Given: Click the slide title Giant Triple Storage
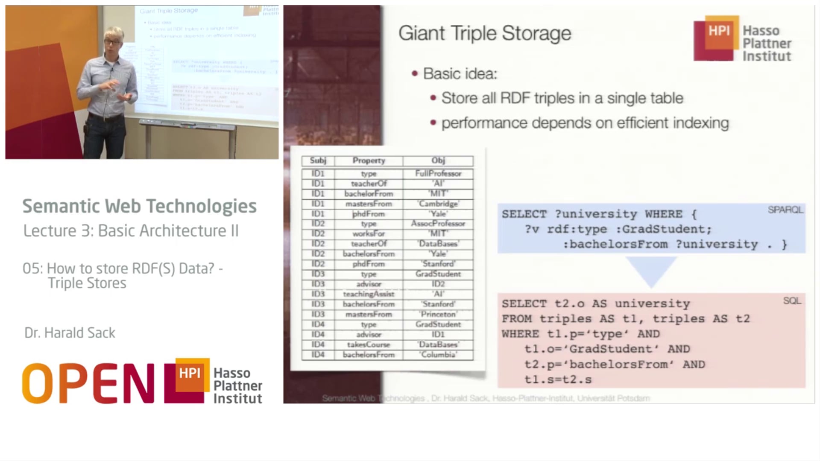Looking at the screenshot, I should pyautogui.click(x=484, y=33).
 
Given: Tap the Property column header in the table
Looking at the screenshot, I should pyautogui.click(x=369, y=161).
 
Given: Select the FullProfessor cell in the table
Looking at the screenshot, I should pyautogui.click(x=438, y=173).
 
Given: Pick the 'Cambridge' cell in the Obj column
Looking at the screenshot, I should pyautogui.click(x=438, y=204).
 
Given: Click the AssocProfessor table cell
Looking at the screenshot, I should pyautogui.click(x=438, y=224).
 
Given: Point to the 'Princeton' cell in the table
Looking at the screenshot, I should pyautogui.click(x=438, y=314).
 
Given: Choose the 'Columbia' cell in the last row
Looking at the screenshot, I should pyautogui.click(x=438, y=355).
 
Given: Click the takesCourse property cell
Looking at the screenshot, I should pyautogui.click(x=369, y=344).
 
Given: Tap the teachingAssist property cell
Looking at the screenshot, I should pyautogui.click(x=369, y=294).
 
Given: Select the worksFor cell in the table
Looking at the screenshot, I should pyautogui.click(x=369, y=233).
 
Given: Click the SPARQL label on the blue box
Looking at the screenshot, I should pyautogui.click(x=785, y=210).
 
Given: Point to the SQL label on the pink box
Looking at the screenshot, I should pyautogui.click(x=792, y=301).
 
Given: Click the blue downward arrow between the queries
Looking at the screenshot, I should pyautogui.click(x=651, y=270).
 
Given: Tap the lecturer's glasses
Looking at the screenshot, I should pyautogui.click(x=112, y=42).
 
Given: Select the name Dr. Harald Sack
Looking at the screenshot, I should pyautogui.click(x=70, y=333).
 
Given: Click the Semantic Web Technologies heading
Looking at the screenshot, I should pyautogui.click(x=140, y=206).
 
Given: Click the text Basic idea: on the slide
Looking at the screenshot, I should pyautogui.click(x=460, y=74).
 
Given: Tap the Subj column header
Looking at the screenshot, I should pyautogui.click(x=318, y=161).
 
